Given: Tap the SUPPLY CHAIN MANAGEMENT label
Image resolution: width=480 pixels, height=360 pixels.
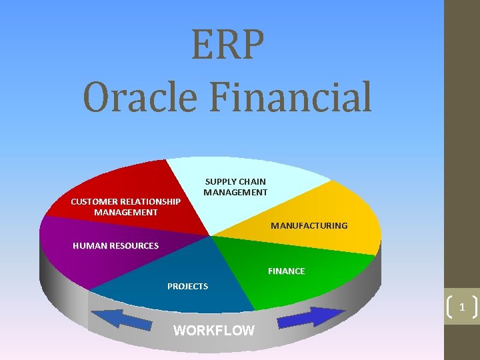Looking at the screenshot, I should pyautogui.click(x=235, y=187).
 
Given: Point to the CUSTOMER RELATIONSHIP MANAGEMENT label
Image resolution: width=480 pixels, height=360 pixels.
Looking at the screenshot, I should pyautogui.click(x=125, y=207).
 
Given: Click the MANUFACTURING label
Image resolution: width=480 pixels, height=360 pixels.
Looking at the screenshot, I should pyautogui.click(x=309, y=225).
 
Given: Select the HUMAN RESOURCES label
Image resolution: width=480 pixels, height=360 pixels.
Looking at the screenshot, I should pyautogui.click(x=115, y=245).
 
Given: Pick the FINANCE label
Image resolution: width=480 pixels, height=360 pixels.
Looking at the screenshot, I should pyautogui.click(x=286, y=271).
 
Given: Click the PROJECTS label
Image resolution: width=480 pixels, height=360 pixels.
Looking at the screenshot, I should pyautogui.click(x=187, y=286).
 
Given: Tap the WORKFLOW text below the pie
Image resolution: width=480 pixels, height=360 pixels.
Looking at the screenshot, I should pyautogui.click(x=213, y=330).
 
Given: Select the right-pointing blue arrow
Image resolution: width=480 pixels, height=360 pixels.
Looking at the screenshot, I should pyautogui.click(x=311, y=317).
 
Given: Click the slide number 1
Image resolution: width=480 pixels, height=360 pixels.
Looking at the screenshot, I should pyautogui.click(x=461, y=307).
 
